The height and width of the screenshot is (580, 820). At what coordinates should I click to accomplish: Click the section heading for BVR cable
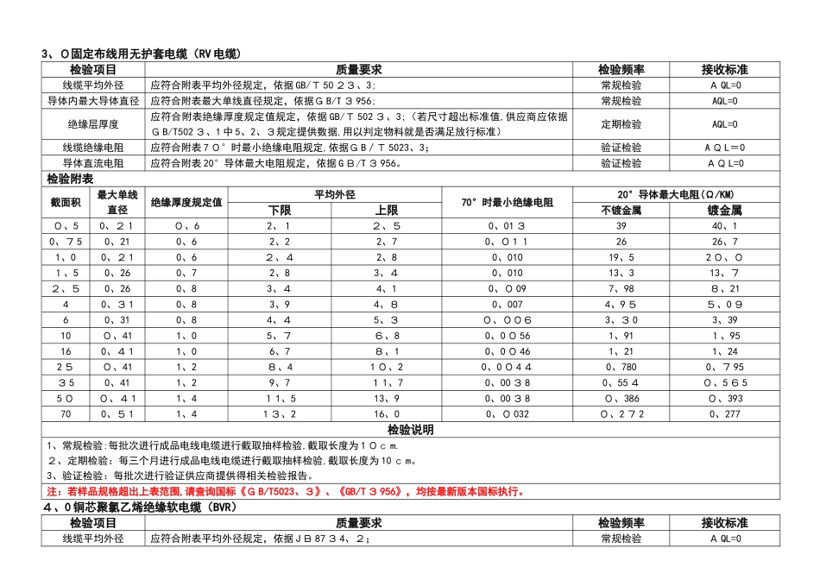click(x=139, y=508)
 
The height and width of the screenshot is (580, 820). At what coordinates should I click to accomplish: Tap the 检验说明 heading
click(x=411, y=430)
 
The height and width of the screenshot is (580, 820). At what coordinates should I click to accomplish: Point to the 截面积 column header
click(x=66, y=202)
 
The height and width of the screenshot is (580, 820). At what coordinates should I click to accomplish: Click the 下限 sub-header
click(x=280, y=210)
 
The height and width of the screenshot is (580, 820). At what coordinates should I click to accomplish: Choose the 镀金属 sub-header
click(x=724, y=210)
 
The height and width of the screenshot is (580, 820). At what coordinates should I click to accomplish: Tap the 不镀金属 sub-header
click(x=621, y=210)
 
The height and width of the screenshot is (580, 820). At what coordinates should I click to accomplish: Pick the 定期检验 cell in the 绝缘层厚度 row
click(x=621, y=124)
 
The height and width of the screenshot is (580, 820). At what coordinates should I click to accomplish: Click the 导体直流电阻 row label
click(x=93, y=163)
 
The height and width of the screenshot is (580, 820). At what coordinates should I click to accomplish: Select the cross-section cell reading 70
click(x=66, y=414)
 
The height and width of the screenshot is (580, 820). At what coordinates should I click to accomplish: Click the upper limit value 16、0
click(x=386, y=414)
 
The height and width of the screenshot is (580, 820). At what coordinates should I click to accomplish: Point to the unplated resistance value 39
click(x=621, y=225)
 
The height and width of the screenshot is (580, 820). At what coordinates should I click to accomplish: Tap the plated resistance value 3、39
click(x=724, y=319)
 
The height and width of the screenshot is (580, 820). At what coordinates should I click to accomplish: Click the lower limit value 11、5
click(x=280, y=399)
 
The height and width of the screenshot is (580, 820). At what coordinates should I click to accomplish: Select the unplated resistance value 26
click(x=621, y=241)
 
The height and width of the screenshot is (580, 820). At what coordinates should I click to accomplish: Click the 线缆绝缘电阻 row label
click(x=93, y=148)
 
